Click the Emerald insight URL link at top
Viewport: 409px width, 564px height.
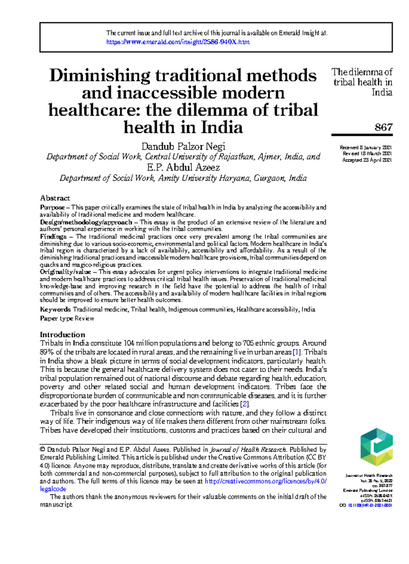[178, 42]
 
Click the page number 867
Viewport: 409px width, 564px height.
[383, 127]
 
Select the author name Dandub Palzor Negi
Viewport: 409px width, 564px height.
[183, 147]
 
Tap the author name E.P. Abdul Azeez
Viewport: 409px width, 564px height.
[183, 167]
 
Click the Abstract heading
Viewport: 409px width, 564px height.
[55, 198]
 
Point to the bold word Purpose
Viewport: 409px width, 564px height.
[52, 207]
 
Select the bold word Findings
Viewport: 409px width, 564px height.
[53, 237]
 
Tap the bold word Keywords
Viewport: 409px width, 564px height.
[55, 309]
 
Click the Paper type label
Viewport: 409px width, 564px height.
[57, 318]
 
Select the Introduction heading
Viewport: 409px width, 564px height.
[62, 335]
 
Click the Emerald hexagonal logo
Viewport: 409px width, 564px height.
[376, 447]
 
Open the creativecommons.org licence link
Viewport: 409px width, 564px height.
[266, 481]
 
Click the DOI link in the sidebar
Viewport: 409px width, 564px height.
[369, 505]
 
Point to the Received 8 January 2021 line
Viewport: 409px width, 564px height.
[365, 148]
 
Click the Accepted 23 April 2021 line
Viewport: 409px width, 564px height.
[367, 160]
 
